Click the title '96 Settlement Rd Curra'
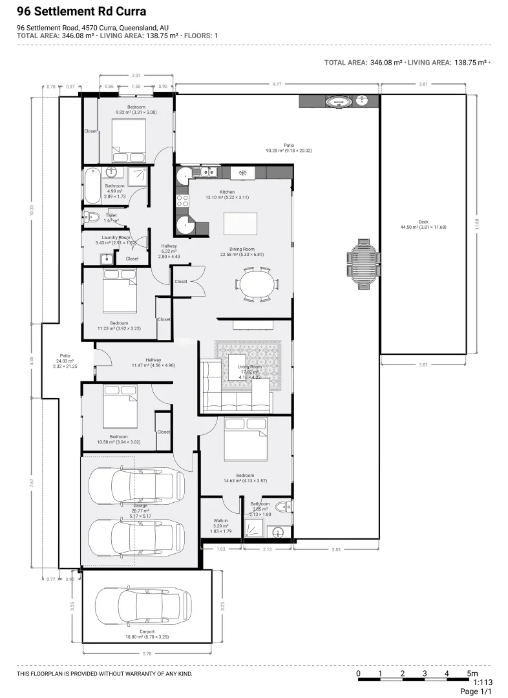click(x=81, y=12)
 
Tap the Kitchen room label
click(x=226, y=193)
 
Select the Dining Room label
click(x=242, y=249)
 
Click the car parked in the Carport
click(x=143, y=605)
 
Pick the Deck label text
click(x=423, y=222)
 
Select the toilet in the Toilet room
click(x=90, y=218)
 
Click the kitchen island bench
click(x=240, y=224)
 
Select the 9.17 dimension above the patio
click(x=277, y=84)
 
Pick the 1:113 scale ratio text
click(x=484, y=681)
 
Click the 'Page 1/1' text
click(x=476, y=692)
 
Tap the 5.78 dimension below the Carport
click(x=147, y=654)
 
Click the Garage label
click(x=140, y=506)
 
